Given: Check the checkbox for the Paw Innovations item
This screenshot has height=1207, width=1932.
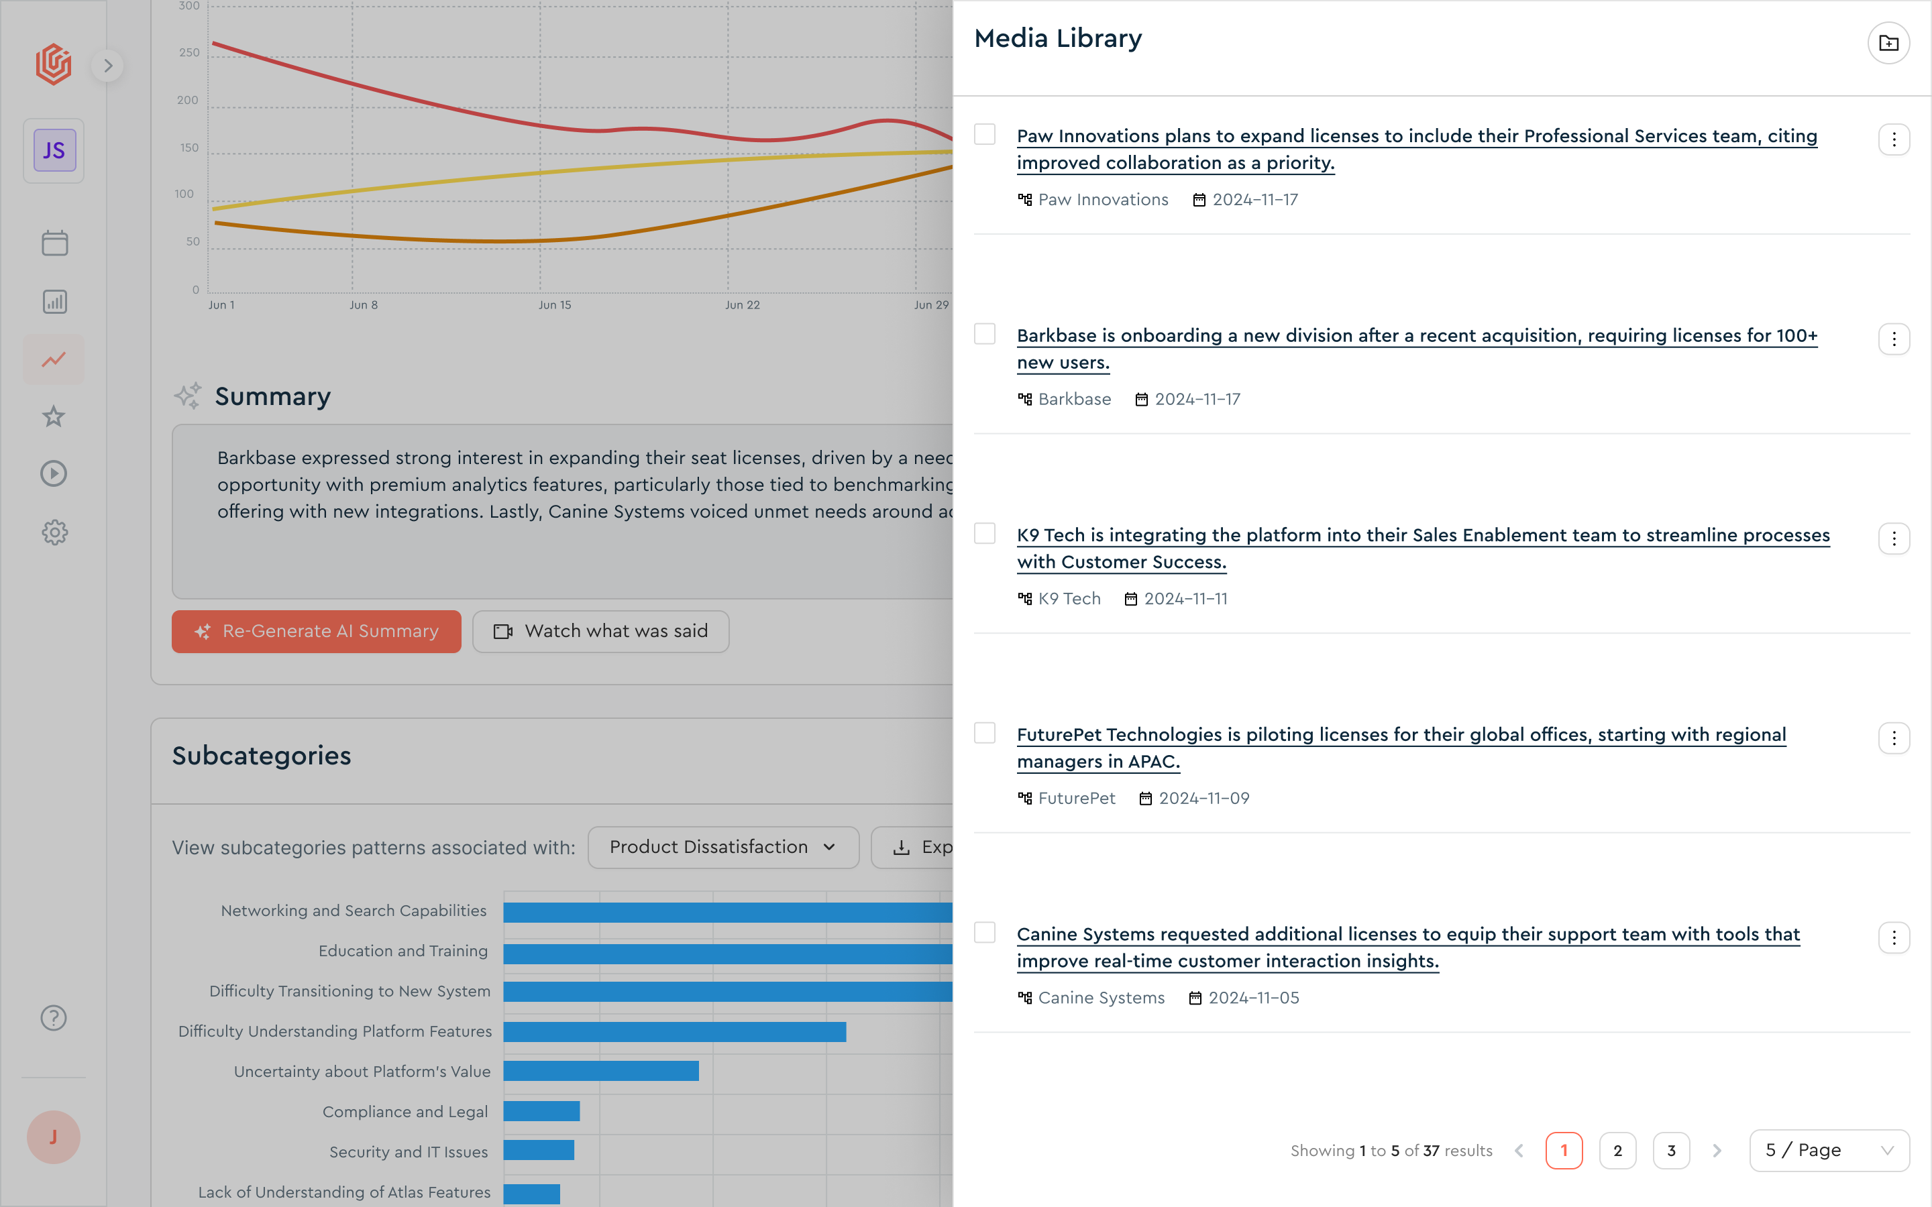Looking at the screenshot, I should [984, 134].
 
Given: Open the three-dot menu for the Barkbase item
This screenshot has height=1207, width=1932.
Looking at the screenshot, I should [1894, 339].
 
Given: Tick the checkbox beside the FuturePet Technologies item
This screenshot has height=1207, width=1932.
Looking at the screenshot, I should [984, 733].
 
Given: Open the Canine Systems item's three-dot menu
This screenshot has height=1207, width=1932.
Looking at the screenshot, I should [1894, 938].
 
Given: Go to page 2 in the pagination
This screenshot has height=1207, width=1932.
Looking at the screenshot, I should [1617, 1150].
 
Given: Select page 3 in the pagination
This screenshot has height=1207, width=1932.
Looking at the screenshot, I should [1671, 1150].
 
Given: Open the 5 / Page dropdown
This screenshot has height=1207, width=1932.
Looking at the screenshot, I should [1829, 1150].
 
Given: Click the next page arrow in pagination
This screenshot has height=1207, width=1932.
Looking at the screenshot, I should [1717, 1150].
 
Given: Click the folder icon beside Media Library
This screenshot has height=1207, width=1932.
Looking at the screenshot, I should [1888, 43].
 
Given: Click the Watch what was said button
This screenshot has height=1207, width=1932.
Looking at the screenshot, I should [600, 632].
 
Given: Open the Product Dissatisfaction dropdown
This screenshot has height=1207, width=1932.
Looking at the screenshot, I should [722, 847].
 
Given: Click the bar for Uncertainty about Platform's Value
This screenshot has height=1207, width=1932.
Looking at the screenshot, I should [601, 1072].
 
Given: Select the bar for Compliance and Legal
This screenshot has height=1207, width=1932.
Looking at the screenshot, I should [541, 1111].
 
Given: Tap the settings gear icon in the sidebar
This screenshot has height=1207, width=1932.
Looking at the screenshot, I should [54, 532].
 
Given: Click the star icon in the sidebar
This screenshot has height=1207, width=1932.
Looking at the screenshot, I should [54, 416].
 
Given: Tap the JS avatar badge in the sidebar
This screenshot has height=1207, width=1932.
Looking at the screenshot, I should [54, 151].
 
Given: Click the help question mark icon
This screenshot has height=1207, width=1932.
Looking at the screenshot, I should [54, 1018].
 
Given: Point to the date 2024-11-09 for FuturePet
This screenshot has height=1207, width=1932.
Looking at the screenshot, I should [1204, 798].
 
